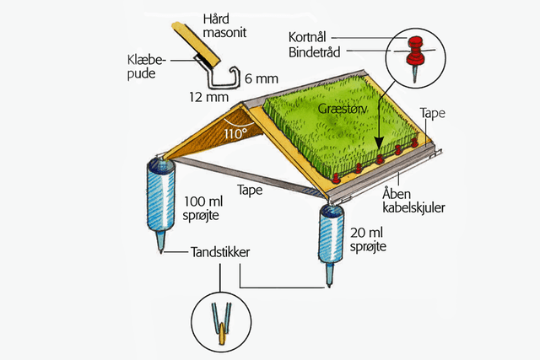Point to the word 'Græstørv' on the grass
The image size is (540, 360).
pyautogui.click(x=340, y=110)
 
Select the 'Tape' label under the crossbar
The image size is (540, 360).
pyautogui.click(x=249, y=191)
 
